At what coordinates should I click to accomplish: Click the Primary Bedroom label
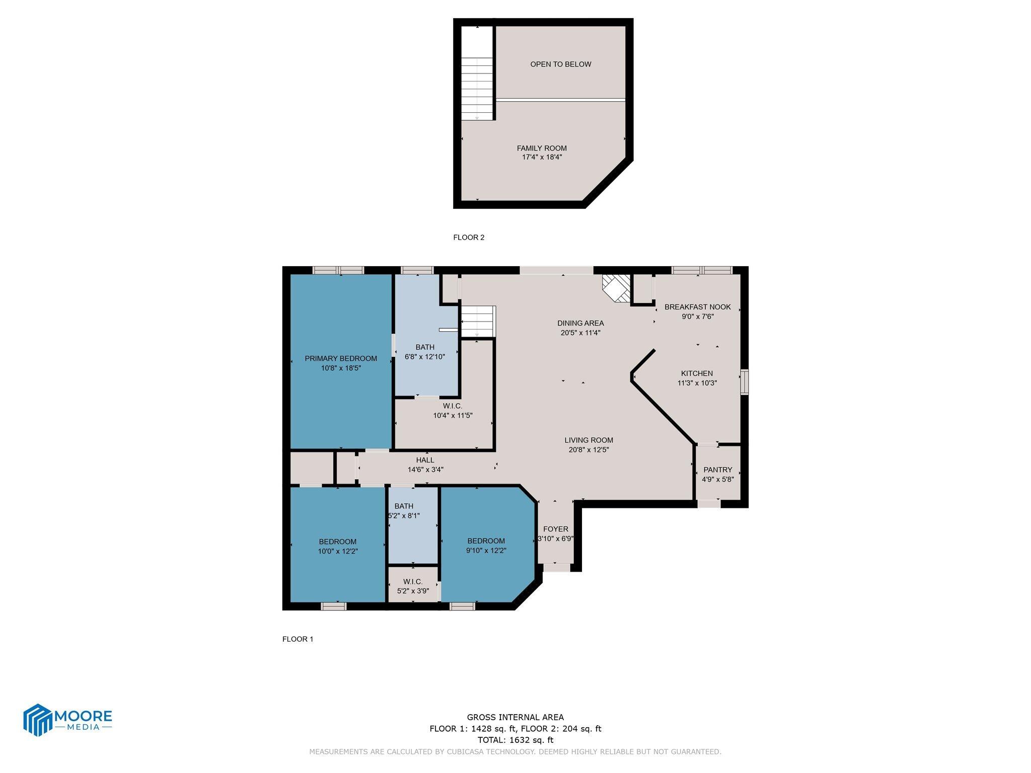(341, 358)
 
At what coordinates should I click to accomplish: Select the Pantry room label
(718, 470)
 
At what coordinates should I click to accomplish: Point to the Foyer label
(556, 529)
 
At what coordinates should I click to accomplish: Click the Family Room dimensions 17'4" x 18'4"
(542, 157)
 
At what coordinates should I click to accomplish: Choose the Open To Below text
(560, 64)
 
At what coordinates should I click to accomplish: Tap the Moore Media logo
(67, 720)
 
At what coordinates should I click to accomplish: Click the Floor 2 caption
(469, 238)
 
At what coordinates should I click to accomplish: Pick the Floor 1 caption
(298, 639)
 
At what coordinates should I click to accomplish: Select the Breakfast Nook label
(697, 307)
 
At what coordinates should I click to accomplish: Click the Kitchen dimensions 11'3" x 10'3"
(697, 383)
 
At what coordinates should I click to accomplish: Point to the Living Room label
(588, 440)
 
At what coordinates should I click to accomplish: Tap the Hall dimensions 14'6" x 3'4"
(425, 470)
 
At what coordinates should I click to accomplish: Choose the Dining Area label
(580, 323)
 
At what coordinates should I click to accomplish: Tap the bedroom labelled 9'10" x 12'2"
(486, 546)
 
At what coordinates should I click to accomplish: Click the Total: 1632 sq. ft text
(515, 740)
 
